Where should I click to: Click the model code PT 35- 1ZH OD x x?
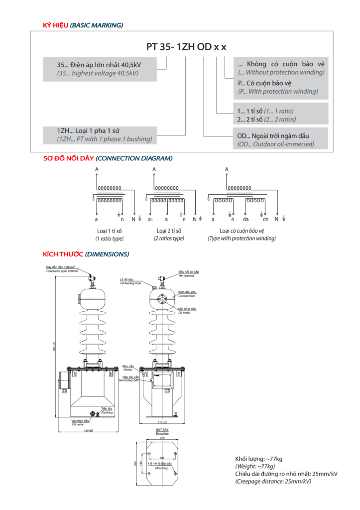click(x=186, y=47)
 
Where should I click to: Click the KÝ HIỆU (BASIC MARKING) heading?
click(x=82, y=25)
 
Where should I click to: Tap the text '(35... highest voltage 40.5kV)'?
click(x=98, y=73)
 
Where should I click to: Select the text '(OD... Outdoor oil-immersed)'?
click(x=275, y=144)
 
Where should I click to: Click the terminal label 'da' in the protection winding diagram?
click(x=246, y=219)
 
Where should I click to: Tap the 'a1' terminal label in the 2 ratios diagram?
click(x=150, y=219)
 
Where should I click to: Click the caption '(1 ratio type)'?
click(x=110, y=239)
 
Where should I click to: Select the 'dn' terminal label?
click(x=265, y=219)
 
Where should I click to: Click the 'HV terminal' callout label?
click(x=187, y=275)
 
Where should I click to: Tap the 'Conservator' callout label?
click(x=187, y=296)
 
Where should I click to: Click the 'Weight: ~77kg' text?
click(x=255, y=466)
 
